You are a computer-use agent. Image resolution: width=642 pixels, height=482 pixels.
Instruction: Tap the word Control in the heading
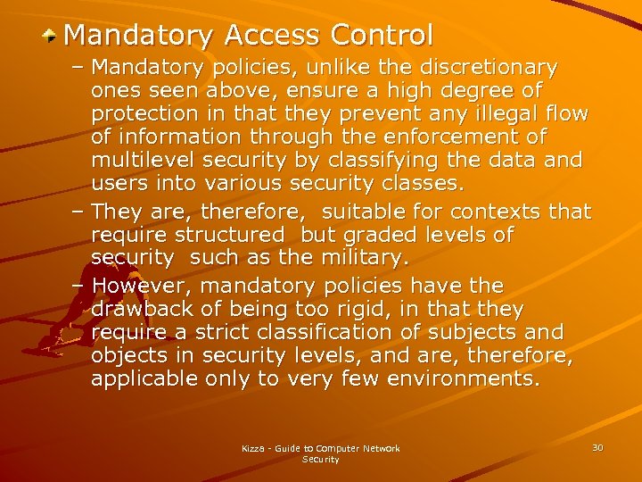click(x=382, y=35)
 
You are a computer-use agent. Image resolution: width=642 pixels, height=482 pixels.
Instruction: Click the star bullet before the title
click(x=52, y=35)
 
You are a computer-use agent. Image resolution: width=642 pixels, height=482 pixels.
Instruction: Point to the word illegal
click(x=475, y=113)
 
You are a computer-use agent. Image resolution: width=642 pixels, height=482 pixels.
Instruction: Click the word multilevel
click(x=144, y=160)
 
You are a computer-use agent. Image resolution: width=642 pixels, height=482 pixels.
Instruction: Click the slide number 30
click(x=597, y=446)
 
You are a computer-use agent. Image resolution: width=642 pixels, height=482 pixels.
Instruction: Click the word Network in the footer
click(x=382, y=448)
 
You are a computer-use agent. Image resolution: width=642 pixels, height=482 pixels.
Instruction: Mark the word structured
click(x=230, y=235)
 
